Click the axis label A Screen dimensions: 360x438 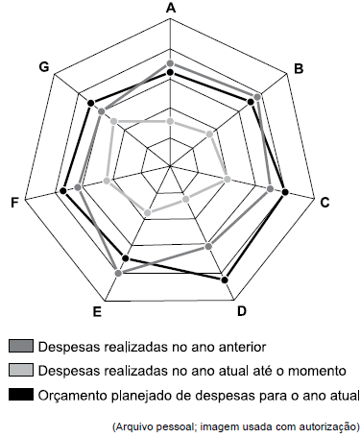tap(171, 9)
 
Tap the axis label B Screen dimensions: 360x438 tap(299, 68)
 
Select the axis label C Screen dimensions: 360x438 tap(325, 202)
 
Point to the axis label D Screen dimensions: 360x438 tap(242, 310)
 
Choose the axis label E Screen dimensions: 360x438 tap(98, 311)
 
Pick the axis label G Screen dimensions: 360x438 tap(44, 66)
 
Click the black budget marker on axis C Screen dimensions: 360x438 tap(285, 194)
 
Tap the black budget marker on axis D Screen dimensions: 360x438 tap(226, 280)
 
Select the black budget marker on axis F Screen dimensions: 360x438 tap(63, 191)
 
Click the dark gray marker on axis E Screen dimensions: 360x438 tap(118, 274)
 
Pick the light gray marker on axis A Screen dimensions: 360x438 tap(170, 122)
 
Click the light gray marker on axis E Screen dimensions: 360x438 tap(147, 213)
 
